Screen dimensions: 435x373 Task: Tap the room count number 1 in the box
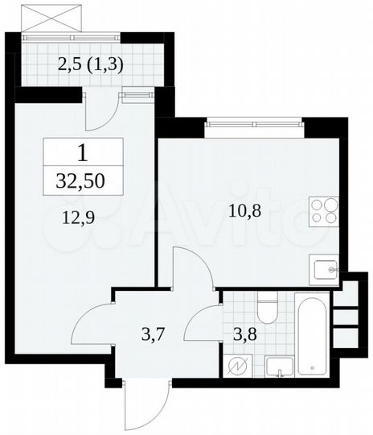point(84,151)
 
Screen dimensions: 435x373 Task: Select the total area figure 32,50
point(84,180)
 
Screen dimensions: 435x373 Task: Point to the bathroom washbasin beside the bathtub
point(277,367)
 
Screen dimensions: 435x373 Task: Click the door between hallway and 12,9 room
point(92,322)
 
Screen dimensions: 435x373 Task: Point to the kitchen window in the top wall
point(254,122)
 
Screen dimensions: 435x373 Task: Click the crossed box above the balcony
point(52,17)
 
